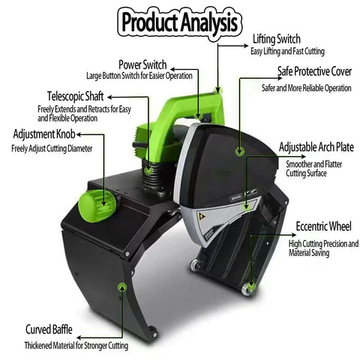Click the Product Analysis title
[179, 22]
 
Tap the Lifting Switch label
[277, 39]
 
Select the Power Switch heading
[142, 64]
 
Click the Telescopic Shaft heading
[75, 96]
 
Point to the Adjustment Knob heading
[44, 134]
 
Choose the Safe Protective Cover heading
[314, 71]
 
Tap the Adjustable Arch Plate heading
[316, 147]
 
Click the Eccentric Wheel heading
[323, 226]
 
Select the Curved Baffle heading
[49, 329]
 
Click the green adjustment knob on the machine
[97, 205]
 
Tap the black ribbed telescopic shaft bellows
[155, 175]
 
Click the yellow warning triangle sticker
[201, 215]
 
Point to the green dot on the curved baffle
[122, 286]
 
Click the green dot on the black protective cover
[240, 151]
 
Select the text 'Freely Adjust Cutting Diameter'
[52, 148]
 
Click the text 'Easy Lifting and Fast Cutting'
[287, 52]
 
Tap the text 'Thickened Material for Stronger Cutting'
[76, 346]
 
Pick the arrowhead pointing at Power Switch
[173, 69]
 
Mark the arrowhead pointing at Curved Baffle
[79, 337]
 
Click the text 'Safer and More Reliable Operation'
[307, 88]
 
